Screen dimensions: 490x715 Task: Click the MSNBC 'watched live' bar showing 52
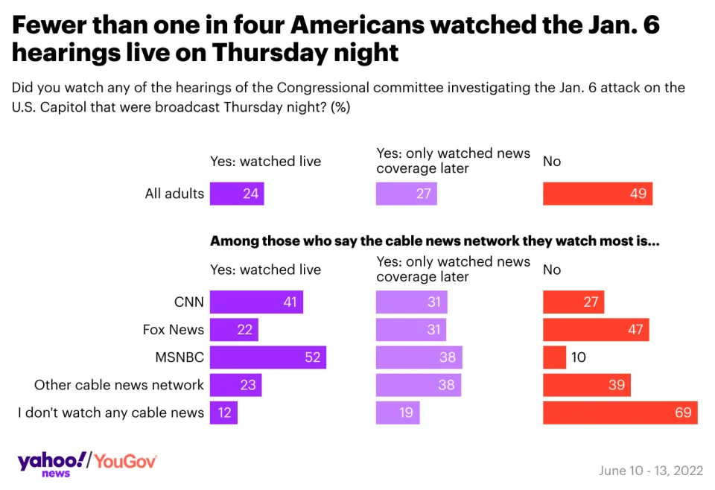tap(267, 357)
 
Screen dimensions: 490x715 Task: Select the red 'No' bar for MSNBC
tap(554, 357)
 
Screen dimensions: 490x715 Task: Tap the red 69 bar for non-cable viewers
tap(620, 413)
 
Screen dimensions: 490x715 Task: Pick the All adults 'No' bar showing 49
tap(597, 194)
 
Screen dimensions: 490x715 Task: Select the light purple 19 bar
tap(398, 413)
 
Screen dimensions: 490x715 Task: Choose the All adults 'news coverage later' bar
tap(406, 194)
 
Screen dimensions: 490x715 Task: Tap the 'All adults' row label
tap(174, 194)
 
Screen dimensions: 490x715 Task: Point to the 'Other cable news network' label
tap(119, 385)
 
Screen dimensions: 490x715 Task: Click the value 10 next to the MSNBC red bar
tap(578, 357)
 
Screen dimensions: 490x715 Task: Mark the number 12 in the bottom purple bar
tap(223, 413)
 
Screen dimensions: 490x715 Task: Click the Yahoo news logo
tap(51, 462)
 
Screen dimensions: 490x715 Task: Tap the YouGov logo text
tap(125, 462)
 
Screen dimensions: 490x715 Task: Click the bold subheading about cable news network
tap(435, 241)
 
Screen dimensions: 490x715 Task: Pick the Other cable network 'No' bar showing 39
tap(587, 385)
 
